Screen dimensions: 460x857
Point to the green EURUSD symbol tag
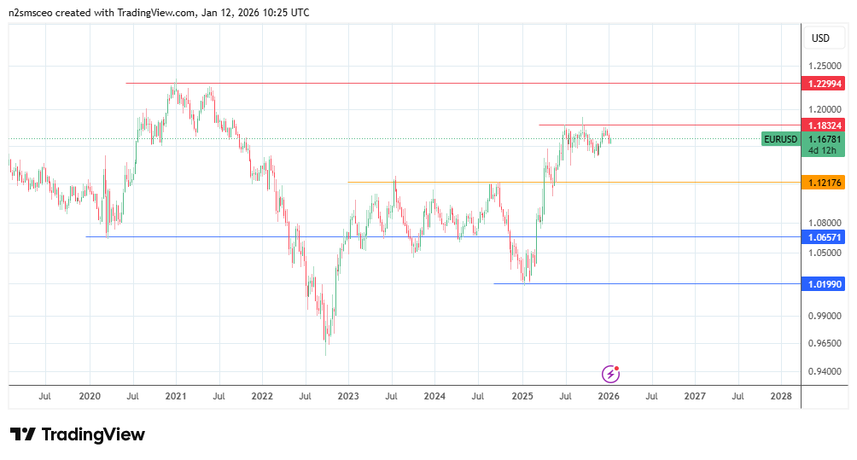click(780, 139)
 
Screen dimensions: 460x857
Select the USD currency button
click(820, 38)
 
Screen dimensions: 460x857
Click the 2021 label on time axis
click(176, 397)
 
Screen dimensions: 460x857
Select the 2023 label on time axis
click(348, 397)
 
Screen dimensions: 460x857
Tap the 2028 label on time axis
click(780, 397)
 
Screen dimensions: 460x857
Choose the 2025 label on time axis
click(522, 397)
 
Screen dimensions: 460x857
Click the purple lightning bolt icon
click(610, 373)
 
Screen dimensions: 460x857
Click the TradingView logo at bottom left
click(78, 434)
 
